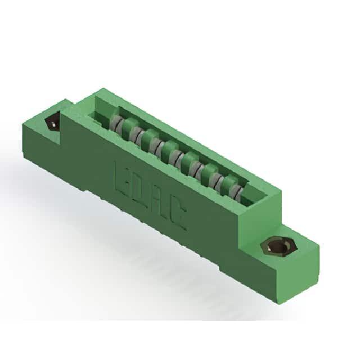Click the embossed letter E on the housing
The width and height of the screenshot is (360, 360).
123,178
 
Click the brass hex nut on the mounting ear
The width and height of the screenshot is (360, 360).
279,247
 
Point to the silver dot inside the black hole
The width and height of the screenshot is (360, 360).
53,125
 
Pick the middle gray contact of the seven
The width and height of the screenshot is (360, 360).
176,158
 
